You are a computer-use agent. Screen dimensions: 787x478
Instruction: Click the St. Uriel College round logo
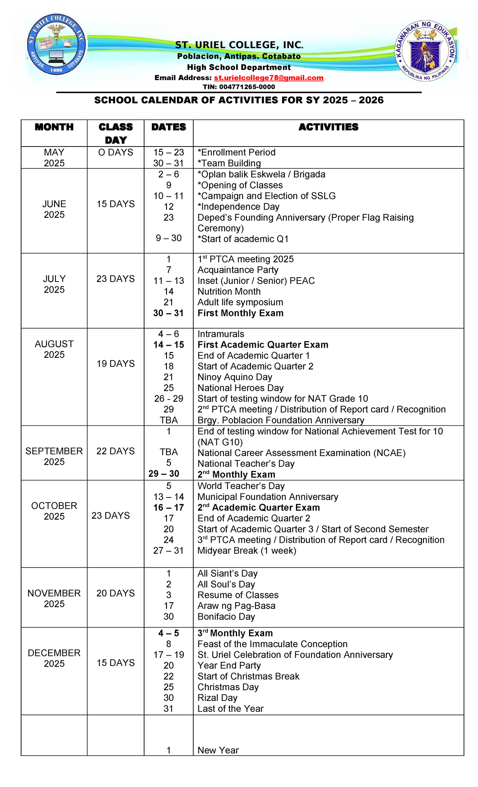point(56,45)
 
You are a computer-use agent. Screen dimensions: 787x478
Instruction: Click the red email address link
point(268,78)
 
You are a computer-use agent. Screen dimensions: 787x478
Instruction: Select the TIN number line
point(239,87)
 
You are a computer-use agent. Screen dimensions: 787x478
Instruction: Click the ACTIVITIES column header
point(328,127)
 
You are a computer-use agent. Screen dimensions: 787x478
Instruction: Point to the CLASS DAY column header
point(116,133)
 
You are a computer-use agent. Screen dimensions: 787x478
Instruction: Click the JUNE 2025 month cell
point(54,209)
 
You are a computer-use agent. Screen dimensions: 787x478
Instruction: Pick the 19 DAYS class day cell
point(116,364)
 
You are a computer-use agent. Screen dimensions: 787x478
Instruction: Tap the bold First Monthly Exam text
point(240,313)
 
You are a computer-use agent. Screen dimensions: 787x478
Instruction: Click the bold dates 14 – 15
point(168,345)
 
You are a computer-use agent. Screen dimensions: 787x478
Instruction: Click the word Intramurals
point(221,334)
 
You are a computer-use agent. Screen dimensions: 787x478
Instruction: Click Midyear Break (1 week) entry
point(247,551)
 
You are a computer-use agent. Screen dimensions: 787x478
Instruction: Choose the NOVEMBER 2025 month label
point(54,599)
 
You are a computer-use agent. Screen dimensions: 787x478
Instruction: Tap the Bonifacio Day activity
point(226,617)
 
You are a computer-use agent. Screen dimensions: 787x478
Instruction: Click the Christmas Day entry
point(228,687)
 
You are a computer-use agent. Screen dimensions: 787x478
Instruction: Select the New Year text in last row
point(218,750)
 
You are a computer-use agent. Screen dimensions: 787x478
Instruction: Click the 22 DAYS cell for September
point(116,451)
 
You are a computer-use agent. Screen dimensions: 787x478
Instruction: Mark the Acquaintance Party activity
point(238,270)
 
